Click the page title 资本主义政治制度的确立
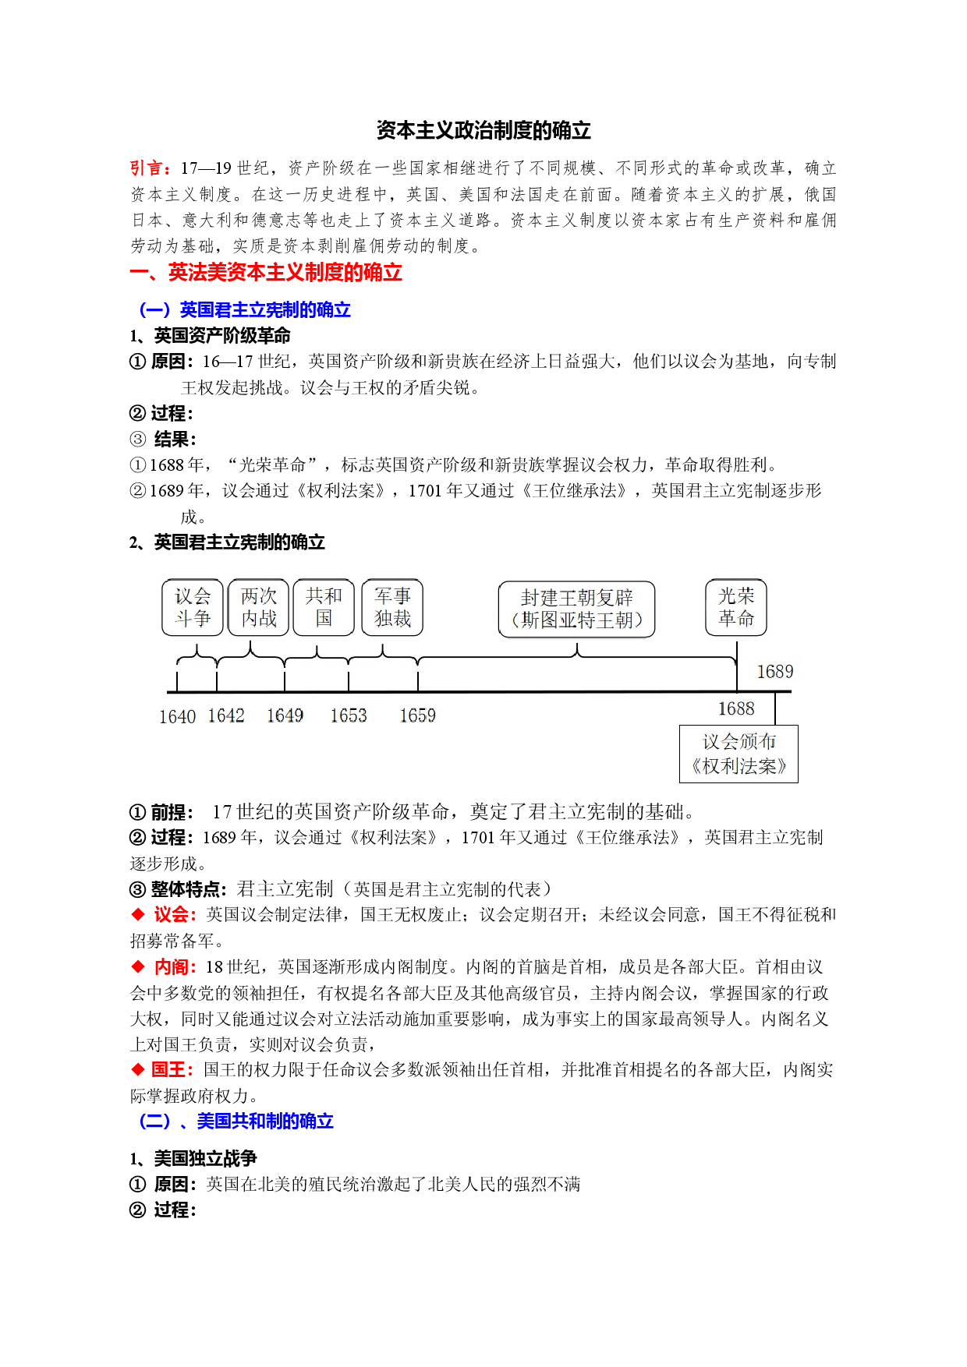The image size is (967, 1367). click(x=483, y=130)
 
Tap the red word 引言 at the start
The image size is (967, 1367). click(x=148, y=168)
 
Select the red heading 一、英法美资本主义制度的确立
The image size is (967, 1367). click(x=266, y=273)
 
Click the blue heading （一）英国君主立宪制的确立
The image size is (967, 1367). click(x=245, y=310)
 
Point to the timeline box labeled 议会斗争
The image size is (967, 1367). click(x=193, y=607)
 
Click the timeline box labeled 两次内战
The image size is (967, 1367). click(x=259, y=607)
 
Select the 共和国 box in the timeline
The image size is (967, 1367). click(x=324, y=607)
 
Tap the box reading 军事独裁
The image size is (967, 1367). click(x=392, y=607)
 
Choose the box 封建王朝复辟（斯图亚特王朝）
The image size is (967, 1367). click(x=577, y=609)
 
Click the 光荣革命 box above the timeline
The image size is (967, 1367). click(x=736, y=607)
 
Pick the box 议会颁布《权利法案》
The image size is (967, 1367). click(x=739, y=754)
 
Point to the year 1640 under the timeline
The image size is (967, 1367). click(x=177, y=717)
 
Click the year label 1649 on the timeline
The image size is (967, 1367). click(x=285, y=715)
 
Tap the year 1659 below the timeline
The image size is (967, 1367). click(x=418, y=715)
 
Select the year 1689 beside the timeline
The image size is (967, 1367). click(x=775, y=672)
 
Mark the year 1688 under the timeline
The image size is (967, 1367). click(x=736, y=708)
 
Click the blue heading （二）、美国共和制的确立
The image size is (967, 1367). click(x=236, y=1122)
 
